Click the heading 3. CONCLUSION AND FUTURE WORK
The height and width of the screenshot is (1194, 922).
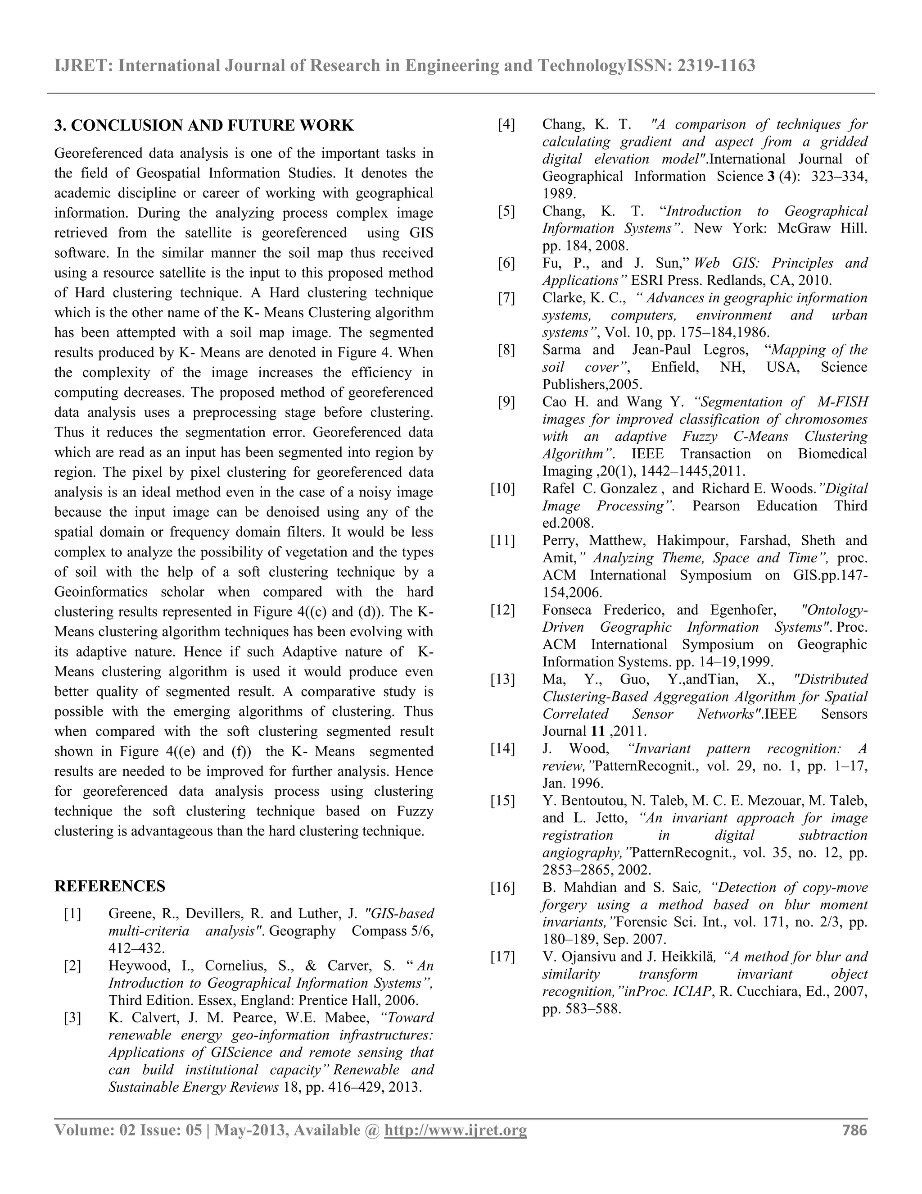(x=204, y=126)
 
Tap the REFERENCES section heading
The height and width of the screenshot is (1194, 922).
(x=109, y=886)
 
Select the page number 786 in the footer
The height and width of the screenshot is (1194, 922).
(x=855, y=1130)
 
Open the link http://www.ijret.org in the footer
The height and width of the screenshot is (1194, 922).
(x=456, y=1130)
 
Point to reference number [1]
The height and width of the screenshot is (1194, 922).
(x=72, y=914)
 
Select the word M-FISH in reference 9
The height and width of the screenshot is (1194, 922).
(x=842, y=402)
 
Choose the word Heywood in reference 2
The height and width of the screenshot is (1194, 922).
(x=134, y=966)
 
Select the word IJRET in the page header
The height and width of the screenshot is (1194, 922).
(x=82, y=66)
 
